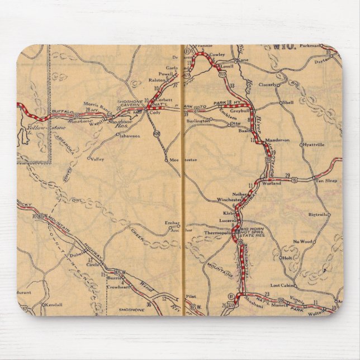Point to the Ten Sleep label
pos(327,181)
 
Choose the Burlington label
pos(198,120)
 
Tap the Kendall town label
pos(55,305)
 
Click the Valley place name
pos(98,159)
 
